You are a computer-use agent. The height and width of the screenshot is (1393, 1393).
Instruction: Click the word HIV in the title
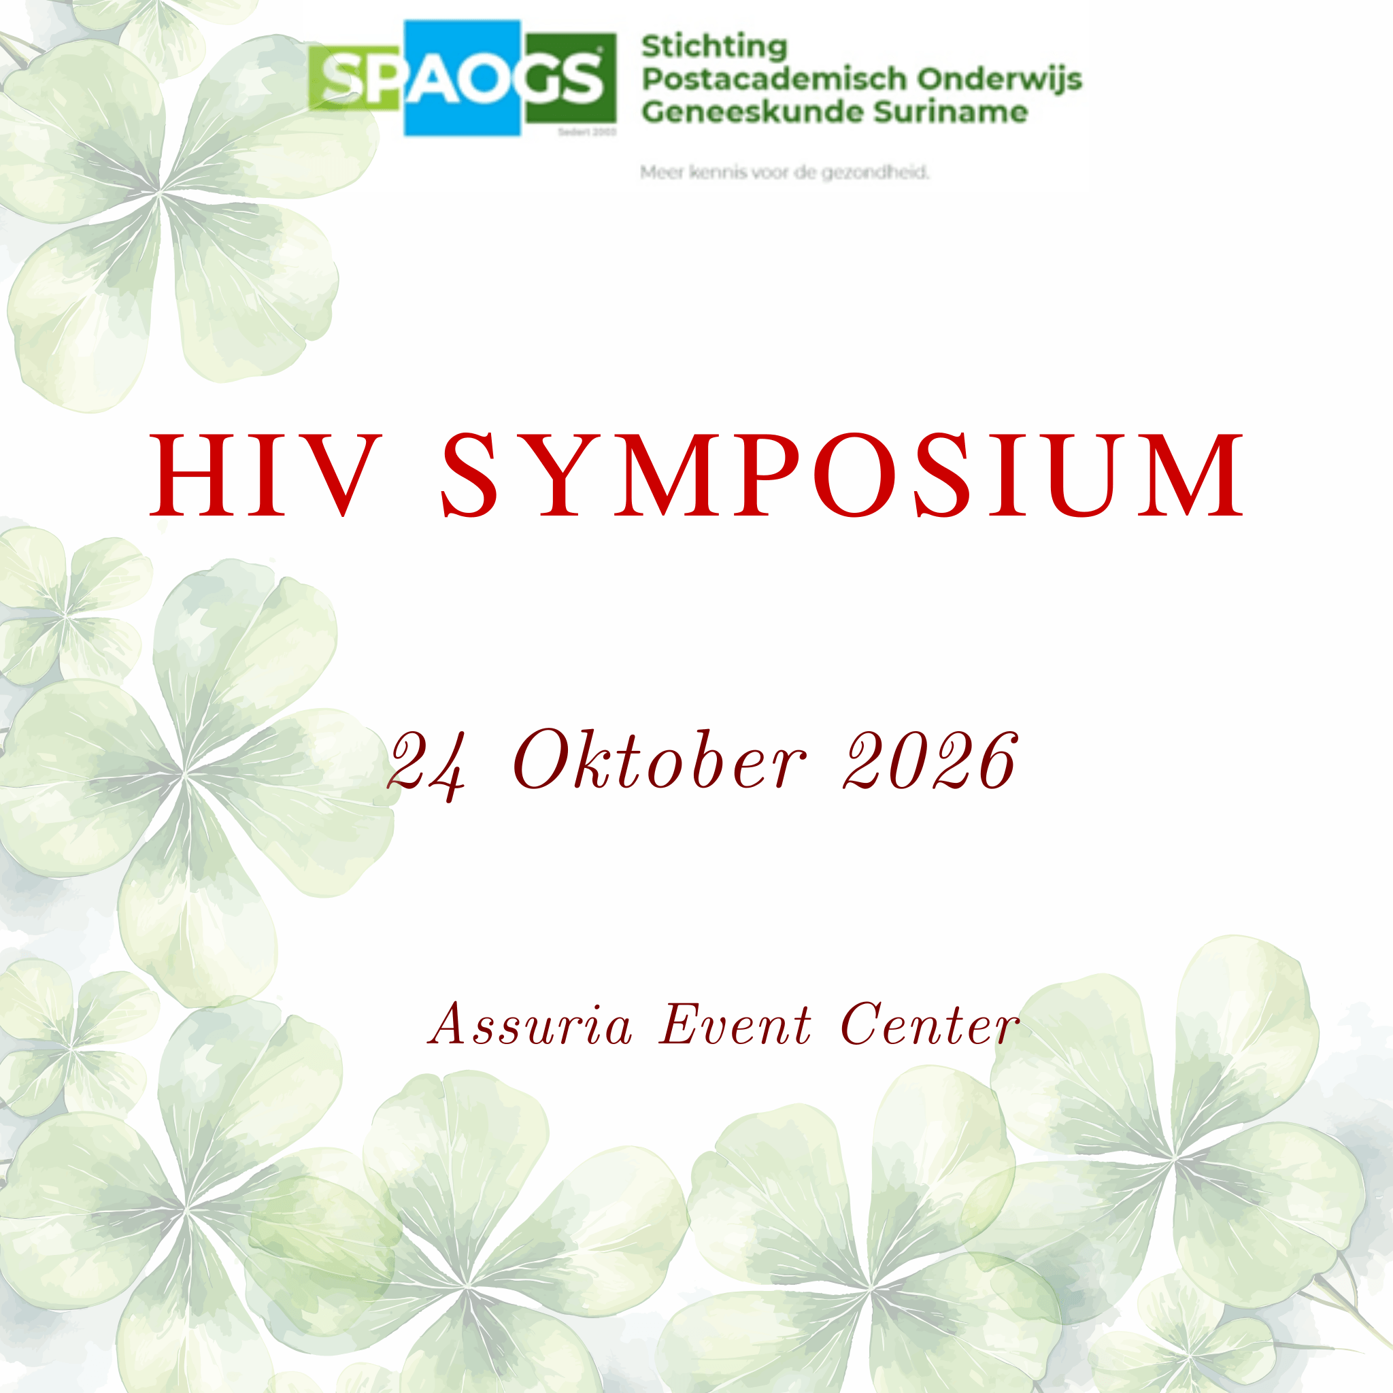[x=265, y=475]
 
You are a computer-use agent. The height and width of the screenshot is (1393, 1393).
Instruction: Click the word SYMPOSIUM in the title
[x=842, y=475]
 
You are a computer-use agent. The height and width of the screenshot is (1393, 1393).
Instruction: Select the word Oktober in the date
[x=659, y=758]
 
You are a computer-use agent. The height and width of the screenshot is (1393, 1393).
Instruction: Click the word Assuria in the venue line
[x=531, y=1024]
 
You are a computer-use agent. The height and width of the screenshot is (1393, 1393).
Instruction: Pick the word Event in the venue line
[x=735, y=1024]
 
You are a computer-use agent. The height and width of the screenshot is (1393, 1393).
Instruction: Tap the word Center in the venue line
[x=930, y=1024]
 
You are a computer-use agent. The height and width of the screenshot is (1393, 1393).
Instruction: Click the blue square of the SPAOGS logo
[x=462, y=78]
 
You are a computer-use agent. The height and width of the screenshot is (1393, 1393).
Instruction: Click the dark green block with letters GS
[x=569, y=78]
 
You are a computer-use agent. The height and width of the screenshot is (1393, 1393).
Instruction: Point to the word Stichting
[x=715, y=48]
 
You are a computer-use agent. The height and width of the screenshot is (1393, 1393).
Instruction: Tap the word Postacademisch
[x=773, y=80]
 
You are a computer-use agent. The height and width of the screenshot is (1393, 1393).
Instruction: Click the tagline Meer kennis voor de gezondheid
[x=784, y=172]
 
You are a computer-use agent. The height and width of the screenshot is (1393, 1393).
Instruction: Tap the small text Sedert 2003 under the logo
[x=587, y=132]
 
